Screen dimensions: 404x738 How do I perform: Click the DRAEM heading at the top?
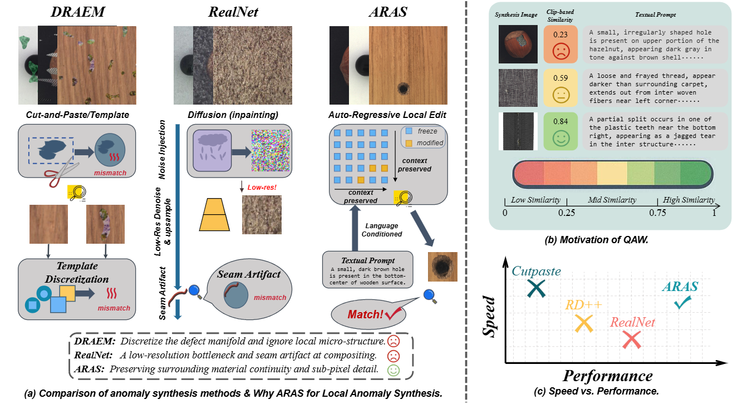(x=73, y=12)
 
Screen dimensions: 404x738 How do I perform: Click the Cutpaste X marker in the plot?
(x=535, y=288)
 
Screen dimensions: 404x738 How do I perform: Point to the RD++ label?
(x=583, y=305)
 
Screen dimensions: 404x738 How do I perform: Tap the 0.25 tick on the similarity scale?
(x=567, y=212)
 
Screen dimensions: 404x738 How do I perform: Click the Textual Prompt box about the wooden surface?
(x=368, y=269)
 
